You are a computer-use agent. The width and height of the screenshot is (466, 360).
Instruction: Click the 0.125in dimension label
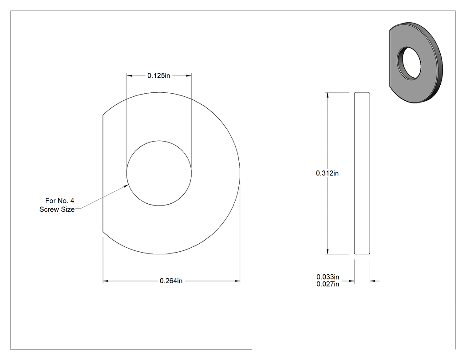coord(159,76)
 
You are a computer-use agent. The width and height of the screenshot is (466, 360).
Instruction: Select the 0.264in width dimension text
coord(171,281)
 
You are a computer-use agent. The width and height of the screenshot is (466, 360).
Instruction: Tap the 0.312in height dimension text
coord(327,173)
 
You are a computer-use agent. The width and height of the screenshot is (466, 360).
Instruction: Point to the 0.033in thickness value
coord(328,277)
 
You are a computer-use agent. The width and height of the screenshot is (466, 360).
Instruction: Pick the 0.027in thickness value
coord(328,284)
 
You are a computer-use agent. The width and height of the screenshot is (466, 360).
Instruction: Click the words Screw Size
coord(57,210)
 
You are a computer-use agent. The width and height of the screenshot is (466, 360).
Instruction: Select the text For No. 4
coord(60,201)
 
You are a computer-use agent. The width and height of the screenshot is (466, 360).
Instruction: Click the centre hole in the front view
coord(159,173)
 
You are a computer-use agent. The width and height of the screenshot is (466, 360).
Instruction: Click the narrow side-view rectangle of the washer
coord(362,173)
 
